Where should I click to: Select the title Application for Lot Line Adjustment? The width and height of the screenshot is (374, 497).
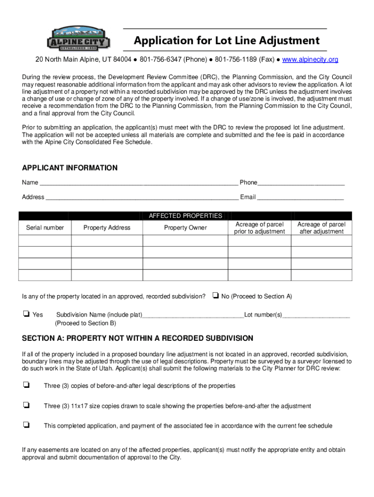pos(227,40)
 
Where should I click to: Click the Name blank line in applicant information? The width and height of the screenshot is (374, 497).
pos(138,183)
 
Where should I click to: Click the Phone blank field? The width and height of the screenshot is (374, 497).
pos(301,183)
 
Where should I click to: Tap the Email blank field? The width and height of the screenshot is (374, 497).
pos(300,198)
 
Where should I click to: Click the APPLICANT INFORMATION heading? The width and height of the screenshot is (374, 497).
pos(70,168)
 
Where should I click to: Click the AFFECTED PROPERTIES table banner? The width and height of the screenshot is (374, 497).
pos(185,216)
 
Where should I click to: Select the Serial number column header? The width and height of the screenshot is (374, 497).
pos(45,228)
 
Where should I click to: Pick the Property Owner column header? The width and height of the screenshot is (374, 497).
pos(185,228)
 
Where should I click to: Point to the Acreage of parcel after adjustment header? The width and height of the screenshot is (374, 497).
pos(321,228)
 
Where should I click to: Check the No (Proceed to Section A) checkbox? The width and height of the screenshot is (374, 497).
pos(215,296)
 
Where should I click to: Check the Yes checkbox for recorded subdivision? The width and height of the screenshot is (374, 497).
pos(25,315)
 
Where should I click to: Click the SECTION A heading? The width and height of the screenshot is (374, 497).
pos(137,338)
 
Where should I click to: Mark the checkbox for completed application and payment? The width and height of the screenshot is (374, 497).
pos(25,425)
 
